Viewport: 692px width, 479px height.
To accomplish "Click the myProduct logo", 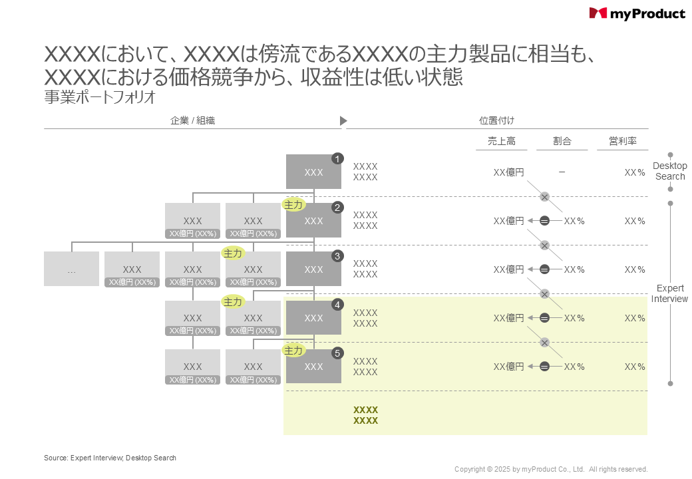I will pyautogui.click(x=637, y=13).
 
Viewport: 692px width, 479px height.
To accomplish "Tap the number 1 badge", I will pyautogui.click(x=337, y=159).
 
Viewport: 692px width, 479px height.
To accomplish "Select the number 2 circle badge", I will pyautogui.click(x=337, y=208).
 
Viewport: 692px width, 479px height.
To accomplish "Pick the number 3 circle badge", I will pyautogui.click(x=337, y=256).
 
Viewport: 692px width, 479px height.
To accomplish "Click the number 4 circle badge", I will pyautogui.click(x=337, y=305).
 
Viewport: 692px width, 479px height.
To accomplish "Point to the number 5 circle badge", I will pyautogui.click(x=337, y=353).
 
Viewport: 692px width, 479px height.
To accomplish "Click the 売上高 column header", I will pyautogui.click(x=501, y=142).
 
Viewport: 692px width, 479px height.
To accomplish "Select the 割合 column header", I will pyautogui.click(x=562, y=142).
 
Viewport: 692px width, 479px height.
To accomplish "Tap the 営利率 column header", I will pyautogui.click(x=623, y=142).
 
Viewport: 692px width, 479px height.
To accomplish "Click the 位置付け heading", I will pyautogui.click(x=496, y=120).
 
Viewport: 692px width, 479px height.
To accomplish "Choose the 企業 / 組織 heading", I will pyautogui.click(x=192, y=120).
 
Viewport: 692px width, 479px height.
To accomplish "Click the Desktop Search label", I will pyautogui.click(x=669, y=171).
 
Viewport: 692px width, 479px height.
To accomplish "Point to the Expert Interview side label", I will pyautogui.click(x=669, y=293).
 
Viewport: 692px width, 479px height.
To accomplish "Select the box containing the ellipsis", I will pyautogui.click(x=71, y=269).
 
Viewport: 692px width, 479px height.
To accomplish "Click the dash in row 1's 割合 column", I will pyautogui.click(x=562, y=172).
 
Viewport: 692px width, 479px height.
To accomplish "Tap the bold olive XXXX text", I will pyautogui.click(x=365, y=415).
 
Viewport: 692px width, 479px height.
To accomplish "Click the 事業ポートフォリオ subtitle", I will pyautogui.click(x=100, y=97).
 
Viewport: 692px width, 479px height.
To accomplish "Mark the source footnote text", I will pyautogui.click(x=110, y=458).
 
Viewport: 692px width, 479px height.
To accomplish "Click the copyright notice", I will pyautogui.click(x=551, y=469).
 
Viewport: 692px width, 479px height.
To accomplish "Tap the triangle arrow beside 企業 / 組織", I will pyautogui.click(x=343, y=120).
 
